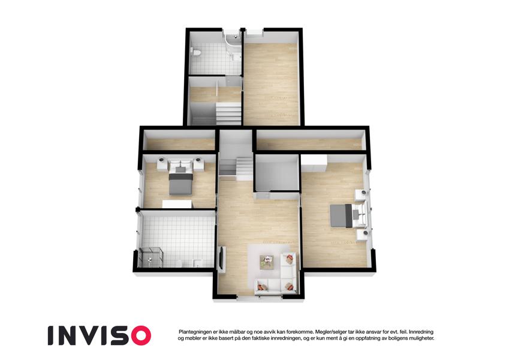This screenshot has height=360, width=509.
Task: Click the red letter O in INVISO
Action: pyautogui.click(x=138, y=335)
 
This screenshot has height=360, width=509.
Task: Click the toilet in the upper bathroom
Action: pyautogui.click(x=196, y=52)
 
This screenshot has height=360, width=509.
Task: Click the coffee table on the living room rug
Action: pyautogui.click(x=267, y=261)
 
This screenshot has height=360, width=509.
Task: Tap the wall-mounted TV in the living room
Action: pyautogui.click(x=222, y=258)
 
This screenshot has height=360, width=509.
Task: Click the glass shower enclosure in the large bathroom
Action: pyautogui.click(x=150, y=257)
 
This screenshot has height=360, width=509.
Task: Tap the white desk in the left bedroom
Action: pyautogui.click(x=177, y=204)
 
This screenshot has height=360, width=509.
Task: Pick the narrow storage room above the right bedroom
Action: pyautogui.click(x=311, y=141)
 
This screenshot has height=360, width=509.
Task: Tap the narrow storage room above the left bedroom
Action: pyautogui.click(x=179, y=141)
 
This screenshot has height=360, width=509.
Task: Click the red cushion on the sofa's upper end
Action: pyautogui.click(x=288, y=259)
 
